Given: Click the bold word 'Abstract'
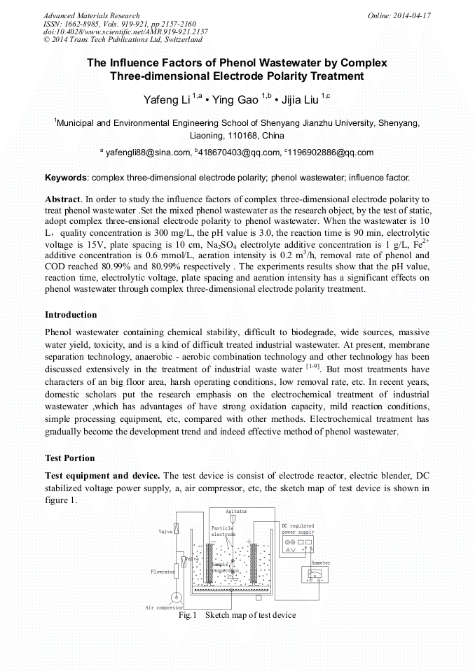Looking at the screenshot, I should tap(63, 199).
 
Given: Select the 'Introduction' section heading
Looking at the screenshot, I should tap(71, 315).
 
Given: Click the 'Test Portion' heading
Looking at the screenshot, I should tap(69, 458).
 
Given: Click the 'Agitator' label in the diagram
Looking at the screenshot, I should tap(236, 511).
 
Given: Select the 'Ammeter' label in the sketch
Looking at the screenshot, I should tap(320, 563).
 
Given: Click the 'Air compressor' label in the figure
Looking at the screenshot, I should tap(164, 607).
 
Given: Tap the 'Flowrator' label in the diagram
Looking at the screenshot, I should tap(163, 572).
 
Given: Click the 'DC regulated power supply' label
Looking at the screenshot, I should tap(298, 529).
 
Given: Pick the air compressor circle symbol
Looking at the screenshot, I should tap(177, 596).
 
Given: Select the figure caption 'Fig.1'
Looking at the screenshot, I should tap(188, 615).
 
